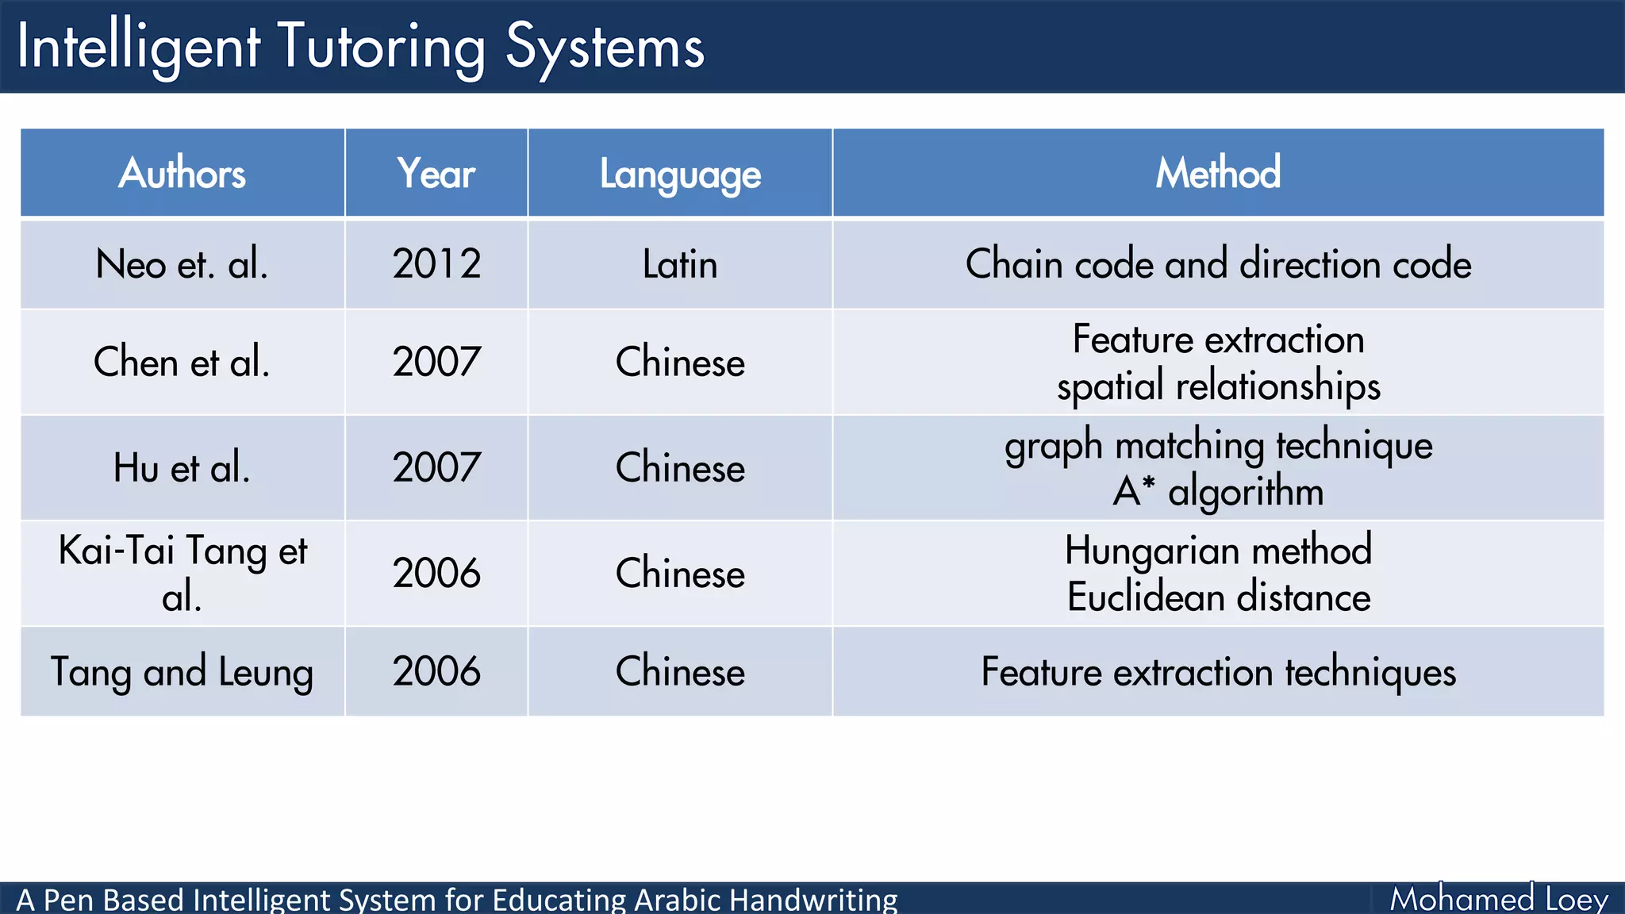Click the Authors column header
182,173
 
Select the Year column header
436,173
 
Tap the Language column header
680,174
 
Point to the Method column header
1218,173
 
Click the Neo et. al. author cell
182,264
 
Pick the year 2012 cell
436,264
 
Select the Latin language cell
680,264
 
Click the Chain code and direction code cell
1218,264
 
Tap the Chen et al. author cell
182,363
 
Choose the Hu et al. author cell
182,468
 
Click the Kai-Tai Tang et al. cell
182,573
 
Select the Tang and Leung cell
182,672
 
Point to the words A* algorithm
1218,492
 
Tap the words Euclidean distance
1218,597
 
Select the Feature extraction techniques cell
1218,672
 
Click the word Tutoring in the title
381,48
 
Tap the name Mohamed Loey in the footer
1499,899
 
